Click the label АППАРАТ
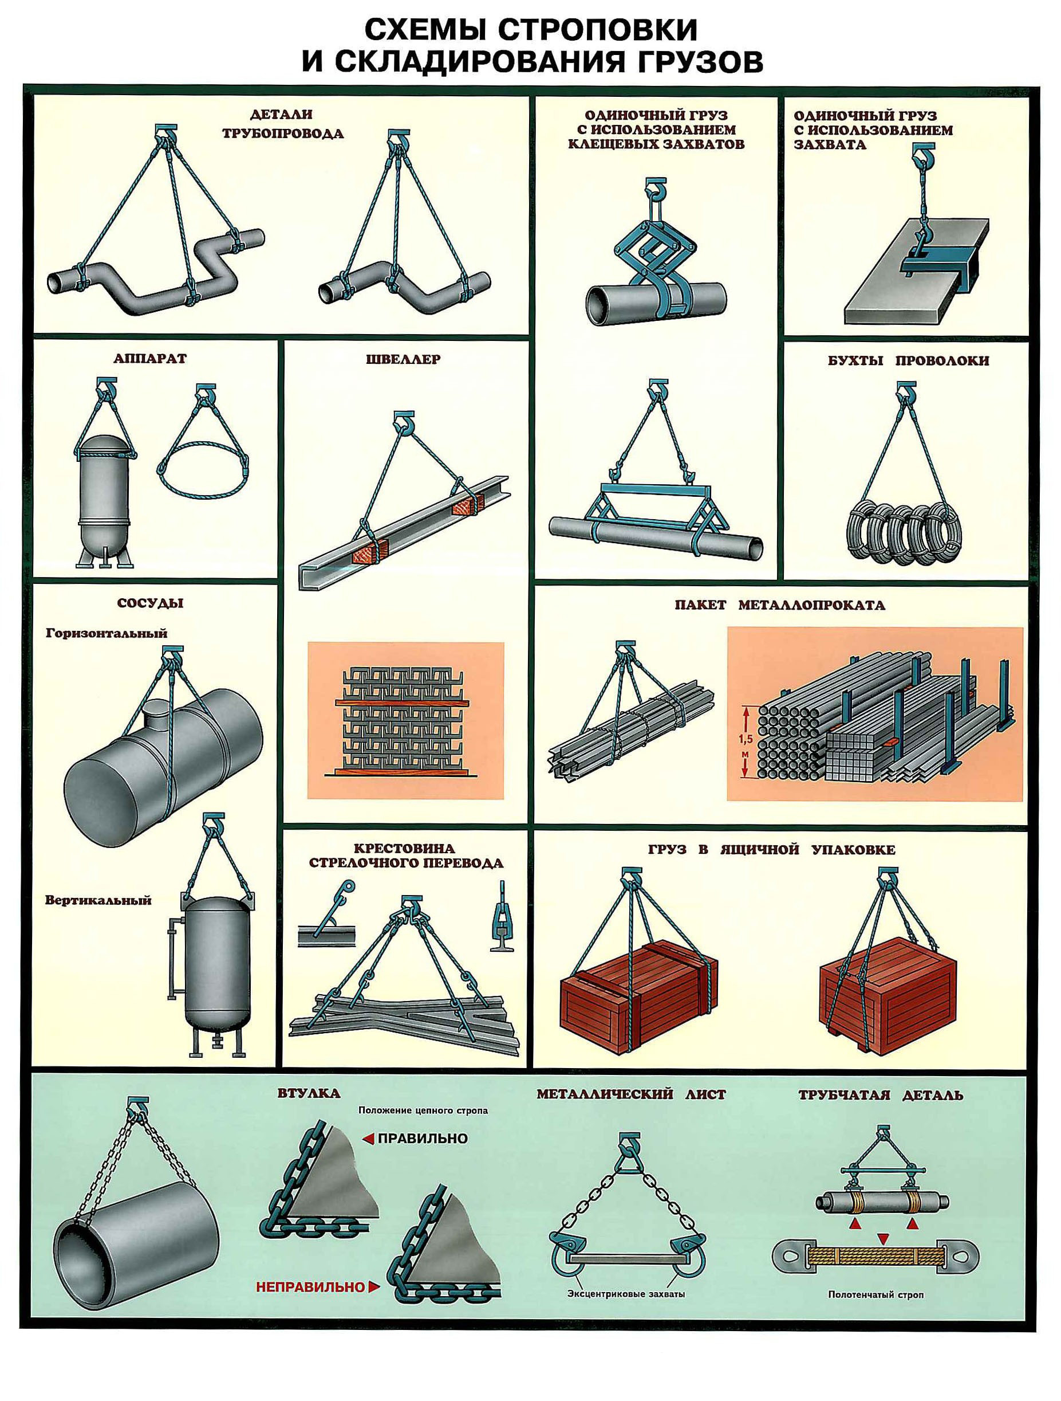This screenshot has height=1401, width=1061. pyautogui.click(x=150, y=359)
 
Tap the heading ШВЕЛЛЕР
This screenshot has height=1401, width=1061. pyautogui.click(x=403, y=359)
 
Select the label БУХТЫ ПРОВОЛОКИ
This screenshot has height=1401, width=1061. pyautogui.click(x=908, y=361)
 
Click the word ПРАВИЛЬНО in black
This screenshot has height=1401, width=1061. pyautogui.click(x=422, y=1138)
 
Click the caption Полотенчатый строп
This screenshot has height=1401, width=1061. pyautogui.click(x=875, y=1295)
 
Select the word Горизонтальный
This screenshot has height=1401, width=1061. pyautogui.click(x=107, y=633)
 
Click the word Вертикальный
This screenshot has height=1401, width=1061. pyautogui.click(x=98, y=900)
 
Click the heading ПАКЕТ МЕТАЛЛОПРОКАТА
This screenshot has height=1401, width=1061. pyautogui.click(x=779, y=605)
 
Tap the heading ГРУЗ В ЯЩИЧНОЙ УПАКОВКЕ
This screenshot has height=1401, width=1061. pyautogui.click(x=772, y=850)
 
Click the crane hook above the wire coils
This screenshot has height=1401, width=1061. pyautogui.click(x=906, y=391)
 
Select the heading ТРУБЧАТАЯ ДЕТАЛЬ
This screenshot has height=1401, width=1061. pyautogui.click(x=881, y=1095)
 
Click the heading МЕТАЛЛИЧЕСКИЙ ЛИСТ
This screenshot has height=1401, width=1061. pyautogui.click(x=631, y=1094)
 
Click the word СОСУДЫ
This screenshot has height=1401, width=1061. pyautogui.click(x=150, y=603)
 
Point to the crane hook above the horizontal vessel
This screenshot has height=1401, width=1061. pyautogui.click(x=172, y=654)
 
